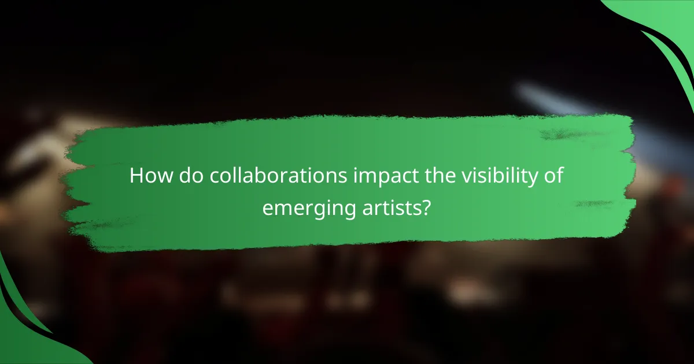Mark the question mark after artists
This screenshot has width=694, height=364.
click(426, 206)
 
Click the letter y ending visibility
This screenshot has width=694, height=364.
click(535, 178)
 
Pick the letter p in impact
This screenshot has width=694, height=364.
click(368, 178)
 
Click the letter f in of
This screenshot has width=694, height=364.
click(560, 174)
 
